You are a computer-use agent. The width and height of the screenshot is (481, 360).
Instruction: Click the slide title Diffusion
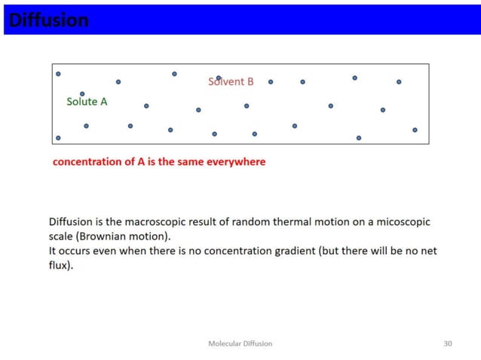47,20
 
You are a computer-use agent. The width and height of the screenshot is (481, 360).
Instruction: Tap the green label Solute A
87,102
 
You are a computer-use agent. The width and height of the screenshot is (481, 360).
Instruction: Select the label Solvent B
231,81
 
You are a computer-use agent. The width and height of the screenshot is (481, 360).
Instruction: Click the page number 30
448,343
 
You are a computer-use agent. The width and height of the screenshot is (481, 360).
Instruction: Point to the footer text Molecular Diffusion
240,343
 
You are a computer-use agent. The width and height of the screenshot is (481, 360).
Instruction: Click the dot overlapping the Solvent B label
219,78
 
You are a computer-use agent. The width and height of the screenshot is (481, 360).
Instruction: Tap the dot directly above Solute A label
82,94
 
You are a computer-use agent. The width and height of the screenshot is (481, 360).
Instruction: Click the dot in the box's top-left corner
58,74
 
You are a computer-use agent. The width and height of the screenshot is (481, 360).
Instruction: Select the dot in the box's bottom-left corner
58,138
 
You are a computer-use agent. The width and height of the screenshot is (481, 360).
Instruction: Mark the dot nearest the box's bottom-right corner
415,130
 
